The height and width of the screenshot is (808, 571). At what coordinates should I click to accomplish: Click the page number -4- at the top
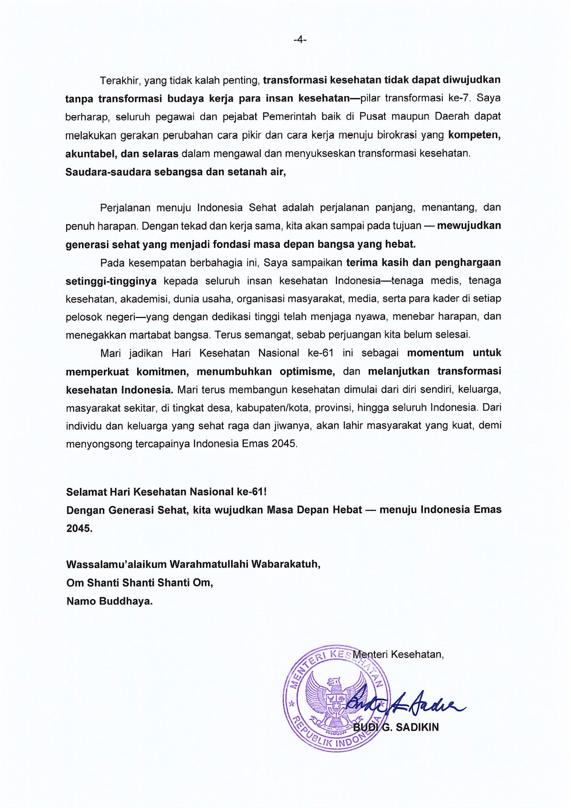coord(300,40)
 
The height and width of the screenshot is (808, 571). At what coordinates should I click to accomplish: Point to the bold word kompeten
coord(474,135)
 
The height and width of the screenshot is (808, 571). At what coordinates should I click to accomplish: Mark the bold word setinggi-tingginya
coord(111,281)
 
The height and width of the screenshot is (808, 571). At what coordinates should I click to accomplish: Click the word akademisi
coord(144,299)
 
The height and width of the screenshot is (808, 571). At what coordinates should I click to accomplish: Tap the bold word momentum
coord(435,353)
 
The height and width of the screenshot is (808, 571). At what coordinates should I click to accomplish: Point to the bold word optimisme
coord(306,371)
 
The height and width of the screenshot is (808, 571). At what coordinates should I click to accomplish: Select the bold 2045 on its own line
coord(79,529)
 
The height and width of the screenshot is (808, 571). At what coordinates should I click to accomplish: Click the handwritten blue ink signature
coord(405,702)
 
